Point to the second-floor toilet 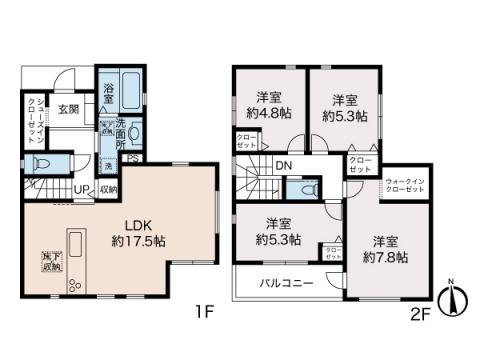click(303, 188)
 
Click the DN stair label click(284, 166)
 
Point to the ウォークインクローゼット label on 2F click(404, 184)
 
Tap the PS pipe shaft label click(131, 157)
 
